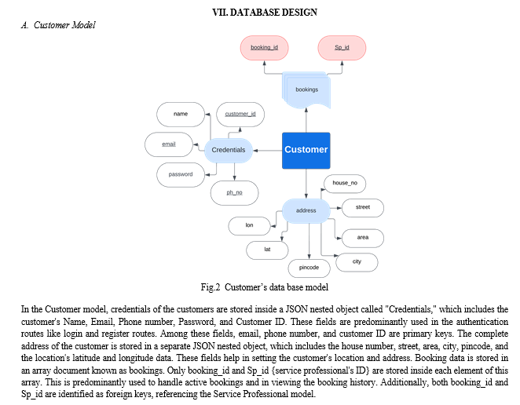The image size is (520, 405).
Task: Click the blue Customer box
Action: [x=306, y=151]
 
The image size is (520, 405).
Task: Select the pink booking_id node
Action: [x=264, y=48]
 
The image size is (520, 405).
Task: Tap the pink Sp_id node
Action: [x=342, y=48]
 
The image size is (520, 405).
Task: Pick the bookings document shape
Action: [x=306, y=90]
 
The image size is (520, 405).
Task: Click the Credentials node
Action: [x=228, y=150]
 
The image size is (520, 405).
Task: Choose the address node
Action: [x=306, y=211]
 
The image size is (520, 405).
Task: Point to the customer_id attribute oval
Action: [x=240, y=115]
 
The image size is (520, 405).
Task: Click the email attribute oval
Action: [x=168, y=144]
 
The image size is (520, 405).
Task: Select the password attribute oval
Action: [x=181, y=175]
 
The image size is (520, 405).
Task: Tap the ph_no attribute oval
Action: [x=234, y=193]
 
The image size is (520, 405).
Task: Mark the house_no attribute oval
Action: [x=345, y=184]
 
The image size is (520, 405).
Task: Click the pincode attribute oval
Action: [x=309, y=268]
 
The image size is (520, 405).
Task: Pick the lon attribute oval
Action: [x=249, y=226]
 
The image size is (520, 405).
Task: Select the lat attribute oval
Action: [x=267, y=250]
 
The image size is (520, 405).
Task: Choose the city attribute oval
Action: [x=357, y=262]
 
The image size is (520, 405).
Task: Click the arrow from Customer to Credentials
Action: [x=267, y=151]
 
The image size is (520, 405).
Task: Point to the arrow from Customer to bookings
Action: [x=306, y=120]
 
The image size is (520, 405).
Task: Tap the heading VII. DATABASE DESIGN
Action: [x=265, y=13]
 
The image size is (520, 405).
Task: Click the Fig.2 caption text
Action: [x=264, y=287]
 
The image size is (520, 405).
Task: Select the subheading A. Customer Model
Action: [x=58, y=25]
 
